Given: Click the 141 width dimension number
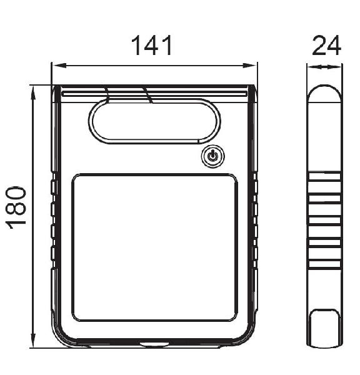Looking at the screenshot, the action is click(152, 45).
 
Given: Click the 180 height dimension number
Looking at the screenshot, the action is click(16, 207).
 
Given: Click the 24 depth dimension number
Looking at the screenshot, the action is click(326, 45).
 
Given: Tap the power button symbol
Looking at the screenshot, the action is click(212, 156).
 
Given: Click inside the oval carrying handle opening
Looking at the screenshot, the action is click(155, 121).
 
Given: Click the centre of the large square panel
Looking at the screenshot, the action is click(154, 247).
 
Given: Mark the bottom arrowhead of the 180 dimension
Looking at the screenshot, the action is click(34, 340).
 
